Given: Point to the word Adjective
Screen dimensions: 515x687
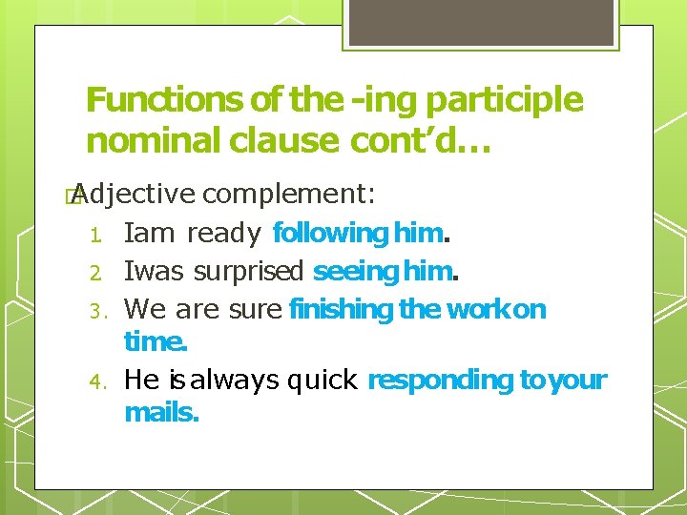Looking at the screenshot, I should click(133, 195).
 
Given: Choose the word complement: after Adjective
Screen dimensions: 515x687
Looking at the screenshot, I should click(289, 195).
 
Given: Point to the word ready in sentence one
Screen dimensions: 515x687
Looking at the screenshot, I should click(223, 234).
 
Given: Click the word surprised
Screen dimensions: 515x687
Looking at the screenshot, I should click(247, 272).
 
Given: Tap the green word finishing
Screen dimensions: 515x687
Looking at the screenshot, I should click(341, 309).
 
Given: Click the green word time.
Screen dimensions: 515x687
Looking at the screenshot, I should click(156, 341).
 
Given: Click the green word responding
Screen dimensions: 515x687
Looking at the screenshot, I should click(440, 381).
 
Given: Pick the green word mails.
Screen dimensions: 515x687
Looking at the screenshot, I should click(161, 413).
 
